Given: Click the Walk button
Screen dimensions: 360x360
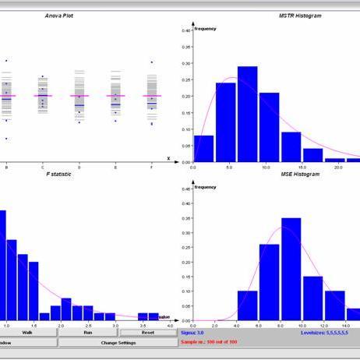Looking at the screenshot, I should click(x=27, y=333).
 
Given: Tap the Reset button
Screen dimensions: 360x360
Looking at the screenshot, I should click(x=148, y=333).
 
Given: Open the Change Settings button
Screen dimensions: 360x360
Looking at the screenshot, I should click(x=118, y=342).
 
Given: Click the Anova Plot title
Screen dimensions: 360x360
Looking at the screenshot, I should click(x=59, y=15).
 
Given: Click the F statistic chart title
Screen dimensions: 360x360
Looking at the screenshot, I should click(x=59, y=174).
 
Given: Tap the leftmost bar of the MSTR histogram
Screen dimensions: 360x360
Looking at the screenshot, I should click(x=203, y=148).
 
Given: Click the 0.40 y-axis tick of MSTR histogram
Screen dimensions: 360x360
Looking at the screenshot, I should click(x=185, y=30).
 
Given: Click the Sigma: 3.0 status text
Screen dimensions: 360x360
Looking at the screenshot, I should click(x=196, y=333).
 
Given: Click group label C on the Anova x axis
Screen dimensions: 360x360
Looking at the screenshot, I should click(x=43, y=167).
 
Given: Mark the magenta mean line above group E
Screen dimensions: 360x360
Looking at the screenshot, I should click(x=115, y=96).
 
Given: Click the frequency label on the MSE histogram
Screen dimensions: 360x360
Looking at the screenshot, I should click(x=206, y=187).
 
